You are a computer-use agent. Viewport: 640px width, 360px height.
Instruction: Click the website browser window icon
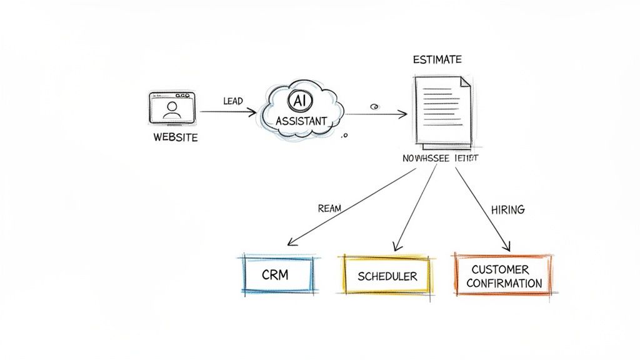[x=172, y=107]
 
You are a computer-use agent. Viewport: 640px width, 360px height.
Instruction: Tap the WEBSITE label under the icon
[x=175, y=137]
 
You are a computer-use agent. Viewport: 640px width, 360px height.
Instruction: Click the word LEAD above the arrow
[x=232, y=101]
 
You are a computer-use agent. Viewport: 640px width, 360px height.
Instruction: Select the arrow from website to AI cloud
[x=228, y=112]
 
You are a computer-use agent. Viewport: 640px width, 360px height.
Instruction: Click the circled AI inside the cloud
[x=298, y=100]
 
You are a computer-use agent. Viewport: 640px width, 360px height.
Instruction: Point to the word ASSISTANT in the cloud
[x=301, y=121]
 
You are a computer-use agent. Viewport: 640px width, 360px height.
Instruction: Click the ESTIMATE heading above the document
[x=437, y=60]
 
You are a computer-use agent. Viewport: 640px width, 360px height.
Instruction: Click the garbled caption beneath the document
[x=441, y=159]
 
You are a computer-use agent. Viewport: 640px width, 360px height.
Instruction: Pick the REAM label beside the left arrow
[x=329, y=209]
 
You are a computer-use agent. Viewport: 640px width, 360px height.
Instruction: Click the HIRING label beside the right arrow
[x=507, y=210]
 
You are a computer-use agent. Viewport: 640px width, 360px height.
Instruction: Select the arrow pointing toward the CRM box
[x=350, y=207]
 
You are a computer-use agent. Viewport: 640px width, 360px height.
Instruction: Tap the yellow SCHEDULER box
[x=387, y=276]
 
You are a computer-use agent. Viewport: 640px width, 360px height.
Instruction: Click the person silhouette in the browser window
[x=171, y=110]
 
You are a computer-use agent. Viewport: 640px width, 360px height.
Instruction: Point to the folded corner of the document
[x=465, y=82]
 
